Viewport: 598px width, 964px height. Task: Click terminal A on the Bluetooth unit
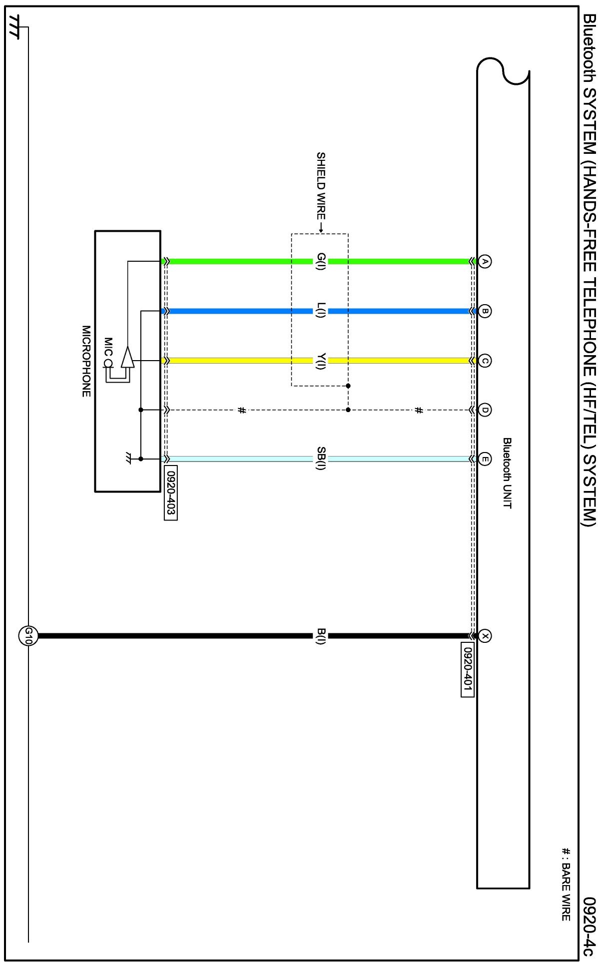point(484,261)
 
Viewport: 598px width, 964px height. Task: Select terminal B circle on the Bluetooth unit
point(484,311)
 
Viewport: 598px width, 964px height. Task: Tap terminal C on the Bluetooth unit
point(484,361)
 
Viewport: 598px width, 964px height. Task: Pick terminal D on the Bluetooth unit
point(484,410)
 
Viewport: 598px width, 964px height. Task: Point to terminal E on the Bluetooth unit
point(484,459)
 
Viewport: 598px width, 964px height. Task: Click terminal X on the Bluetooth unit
point(484,636)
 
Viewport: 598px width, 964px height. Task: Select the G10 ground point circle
point(28,636)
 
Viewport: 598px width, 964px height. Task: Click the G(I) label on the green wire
point(321,261)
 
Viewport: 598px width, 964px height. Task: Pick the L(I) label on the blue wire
point(321,311)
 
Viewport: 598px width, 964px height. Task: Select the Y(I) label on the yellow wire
point(321,361)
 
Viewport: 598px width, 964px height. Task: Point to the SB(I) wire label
point(321,459)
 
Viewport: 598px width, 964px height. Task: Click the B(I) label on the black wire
point(321,636)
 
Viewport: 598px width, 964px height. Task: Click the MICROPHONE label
point(86,361)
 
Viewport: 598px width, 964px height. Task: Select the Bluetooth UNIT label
point(507,473)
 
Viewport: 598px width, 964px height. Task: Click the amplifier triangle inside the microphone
point(127,357)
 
